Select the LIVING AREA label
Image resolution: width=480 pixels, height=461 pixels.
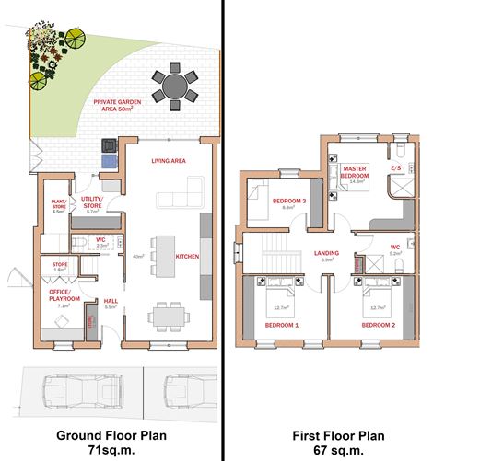point(170,161)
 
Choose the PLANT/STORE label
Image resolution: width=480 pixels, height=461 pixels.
point(59,207)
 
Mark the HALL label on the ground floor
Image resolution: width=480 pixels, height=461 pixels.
point(109,300)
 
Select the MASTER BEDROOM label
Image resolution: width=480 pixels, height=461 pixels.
point(356,173)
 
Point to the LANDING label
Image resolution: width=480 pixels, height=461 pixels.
point(327,252)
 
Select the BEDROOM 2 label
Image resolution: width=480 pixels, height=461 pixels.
point(378,325)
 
